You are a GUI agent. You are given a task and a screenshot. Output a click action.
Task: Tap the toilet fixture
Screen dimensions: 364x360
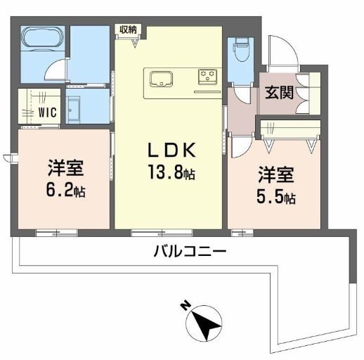(240, 49)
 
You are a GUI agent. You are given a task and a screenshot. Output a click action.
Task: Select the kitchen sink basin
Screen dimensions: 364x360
(162, 79)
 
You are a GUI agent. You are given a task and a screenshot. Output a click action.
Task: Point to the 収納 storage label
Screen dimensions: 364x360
(128, 30)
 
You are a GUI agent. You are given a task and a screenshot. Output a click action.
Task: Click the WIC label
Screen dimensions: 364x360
(48, 112)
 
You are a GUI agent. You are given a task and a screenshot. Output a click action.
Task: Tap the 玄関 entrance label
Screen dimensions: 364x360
(279, 92)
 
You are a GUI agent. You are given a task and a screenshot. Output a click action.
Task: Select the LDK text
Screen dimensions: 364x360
(171, 150)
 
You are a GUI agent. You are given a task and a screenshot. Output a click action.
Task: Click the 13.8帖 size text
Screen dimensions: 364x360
(171, 173)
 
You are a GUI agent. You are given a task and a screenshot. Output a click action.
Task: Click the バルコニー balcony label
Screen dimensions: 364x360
(190, 251)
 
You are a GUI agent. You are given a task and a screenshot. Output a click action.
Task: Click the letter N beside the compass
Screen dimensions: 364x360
(185, 305)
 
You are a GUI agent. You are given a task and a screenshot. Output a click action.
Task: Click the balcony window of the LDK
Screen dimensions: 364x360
(162, 233)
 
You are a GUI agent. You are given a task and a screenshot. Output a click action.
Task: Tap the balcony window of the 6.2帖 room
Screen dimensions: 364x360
(56, 233)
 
